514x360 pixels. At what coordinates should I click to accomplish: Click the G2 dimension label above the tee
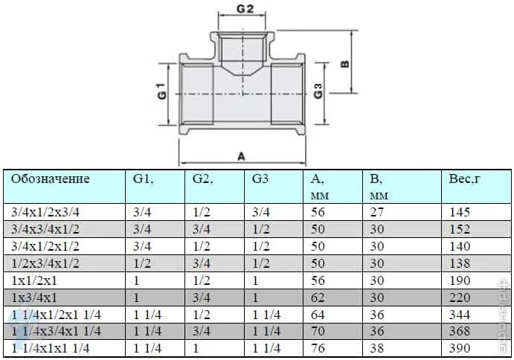coord(245,8)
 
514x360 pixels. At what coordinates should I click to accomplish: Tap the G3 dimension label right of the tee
coord(318,91)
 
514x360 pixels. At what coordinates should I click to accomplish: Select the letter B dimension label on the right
coord(344,64)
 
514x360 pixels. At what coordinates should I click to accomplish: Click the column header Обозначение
coord(51,179)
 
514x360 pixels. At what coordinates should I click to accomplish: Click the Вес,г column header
coord(466,179)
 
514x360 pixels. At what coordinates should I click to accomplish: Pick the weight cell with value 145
coord(461,212)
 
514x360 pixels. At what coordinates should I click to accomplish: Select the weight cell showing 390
coord(461,348)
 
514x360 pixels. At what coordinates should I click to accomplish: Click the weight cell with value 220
coord(461,297)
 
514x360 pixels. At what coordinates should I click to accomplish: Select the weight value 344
coord(461,314)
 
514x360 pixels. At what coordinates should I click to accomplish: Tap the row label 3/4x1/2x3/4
coord(45,212)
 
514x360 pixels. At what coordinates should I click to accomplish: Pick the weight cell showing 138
coord(461,263)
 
